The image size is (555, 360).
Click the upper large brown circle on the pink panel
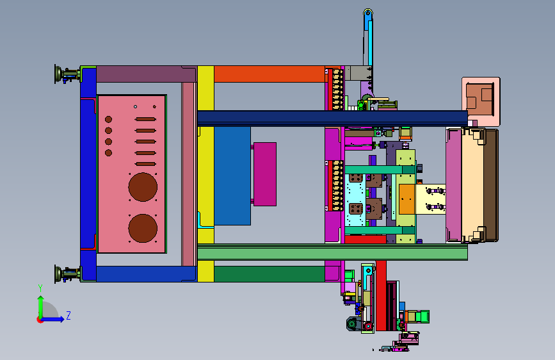143,187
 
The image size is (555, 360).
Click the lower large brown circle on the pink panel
143,228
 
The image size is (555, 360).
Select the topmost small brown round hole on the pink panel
109,119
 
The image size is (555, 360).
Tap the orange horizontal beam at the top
269,74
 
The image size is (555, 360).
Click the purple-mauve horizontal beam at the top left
146,74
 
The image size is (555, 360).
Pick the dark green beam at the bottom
269,274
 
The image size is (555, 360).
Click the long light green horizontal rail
332,254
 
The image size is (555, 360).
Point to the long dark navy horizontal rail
332,117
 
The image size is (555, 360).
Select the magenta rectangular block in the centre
265,174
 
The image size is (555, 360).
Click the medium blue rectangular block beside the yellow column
232,176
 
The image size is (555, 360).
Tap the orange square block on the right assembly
406,199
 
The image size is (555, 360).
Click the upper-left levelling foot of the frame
67,74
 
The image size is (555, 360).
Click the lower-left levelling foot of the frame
67,274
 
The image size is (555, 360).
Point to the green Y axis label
40,288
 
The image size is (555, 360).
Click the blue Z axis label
68,315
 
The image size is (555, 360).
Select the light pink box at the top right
481,101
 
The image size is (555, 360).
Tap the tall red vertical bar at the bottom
381,295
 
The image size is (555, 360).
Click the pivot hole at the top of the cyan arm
367,13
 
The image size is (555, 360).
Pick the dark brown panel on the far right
491,185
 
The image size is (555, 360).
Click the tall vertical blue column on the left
88,174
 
